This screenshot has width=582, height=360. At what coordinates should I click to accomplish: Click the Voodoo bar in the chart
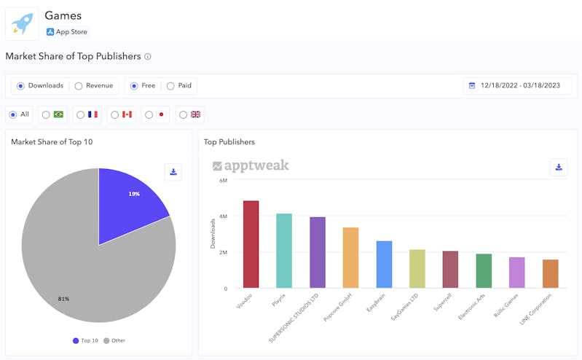(x=251, y=244)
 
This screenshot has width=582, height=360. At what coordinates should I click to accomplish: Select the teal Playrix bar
(x=284, y=251)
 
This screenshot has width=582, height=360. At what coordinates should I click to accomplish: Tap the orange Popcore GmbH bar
(x=350, y=258)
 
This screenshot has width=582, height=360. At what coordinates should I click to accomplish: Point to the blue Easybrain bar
(x=384, y=265)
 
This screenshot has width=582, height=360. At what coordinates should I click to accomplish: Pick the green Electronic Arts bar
(x=484, y=271)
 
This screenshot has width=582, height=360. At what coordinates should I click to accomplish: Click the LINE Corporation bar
(x=550, y=274)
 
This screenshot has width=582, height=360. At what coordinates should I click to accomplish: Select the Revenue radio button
(x=79, y=86)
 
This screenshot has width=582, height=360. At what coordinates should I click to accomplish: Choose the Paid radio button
(x=170, y=86)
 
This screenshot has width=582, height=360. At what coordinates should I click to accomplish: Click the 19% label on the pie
(x=134, y=194)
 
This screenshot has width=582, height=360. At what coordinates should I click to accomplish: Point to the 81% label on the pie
(x=63, y=299)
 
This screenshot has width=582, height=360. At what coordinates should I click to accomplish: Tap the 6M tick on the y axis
(x=223, y=180)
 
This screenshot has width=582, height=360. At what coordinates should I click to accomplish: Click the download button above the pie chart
(x=173, y=172)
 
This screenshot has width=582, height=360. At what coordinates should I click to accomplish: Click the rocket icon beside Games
(x=22, y=23)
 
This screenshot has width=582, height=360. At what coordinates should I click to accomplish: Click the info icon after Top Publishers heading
(x=148, y=57)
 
